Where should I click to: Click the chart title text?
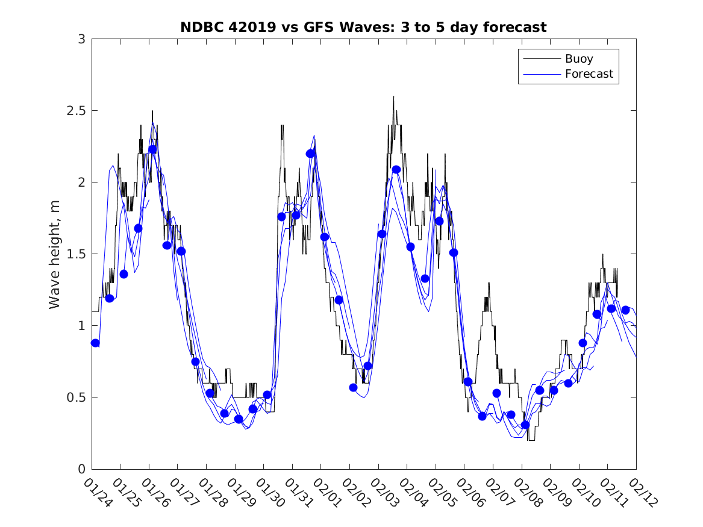363,28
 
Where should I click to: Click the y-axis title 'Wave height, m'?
55,254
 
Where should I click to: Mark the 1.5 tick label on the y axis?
75,254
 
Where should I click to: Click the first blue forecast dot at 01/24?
95,343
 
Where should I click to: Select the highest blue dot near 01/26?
152,149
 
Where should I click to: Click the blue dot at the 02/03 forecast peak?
396,169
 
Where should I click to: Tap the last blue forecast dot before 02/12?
625,310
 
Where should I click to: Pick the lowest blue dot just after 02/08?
525,425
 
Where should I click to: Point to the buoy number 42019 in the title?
247,28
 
